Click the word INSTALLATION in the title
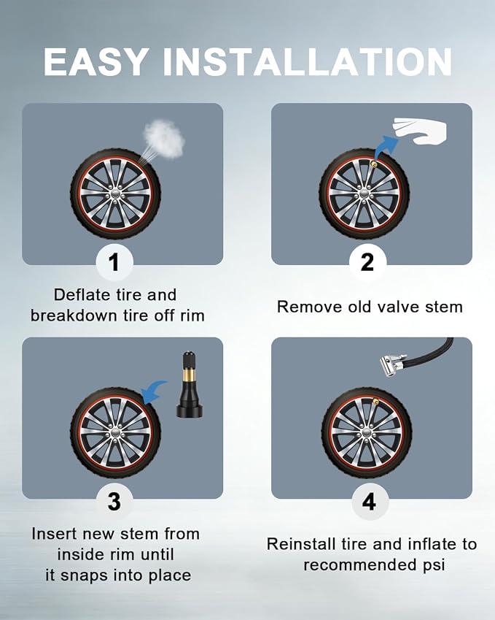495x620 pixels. [x=307, y=61]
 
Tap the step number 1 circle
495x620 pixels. [x=114, y=261]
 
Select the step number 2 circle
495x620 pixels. [x=367, y=261]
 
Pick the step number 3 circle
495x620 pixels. [x=114, y=502]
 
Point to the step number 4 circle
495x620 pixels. [x=370, y=502]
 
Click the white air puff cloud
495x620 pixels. [x=165, y=139]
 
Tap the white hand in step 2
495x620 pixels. [x=420, y=131]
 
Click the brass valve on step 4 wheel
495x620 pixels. [x=375, y=402]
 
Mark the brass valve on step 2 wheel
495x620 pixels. [x=373, y=163]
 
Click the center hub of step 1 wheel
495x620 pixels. [x=115, y=194]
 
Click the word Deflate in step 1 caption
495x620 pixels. [x=82, y=295]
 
